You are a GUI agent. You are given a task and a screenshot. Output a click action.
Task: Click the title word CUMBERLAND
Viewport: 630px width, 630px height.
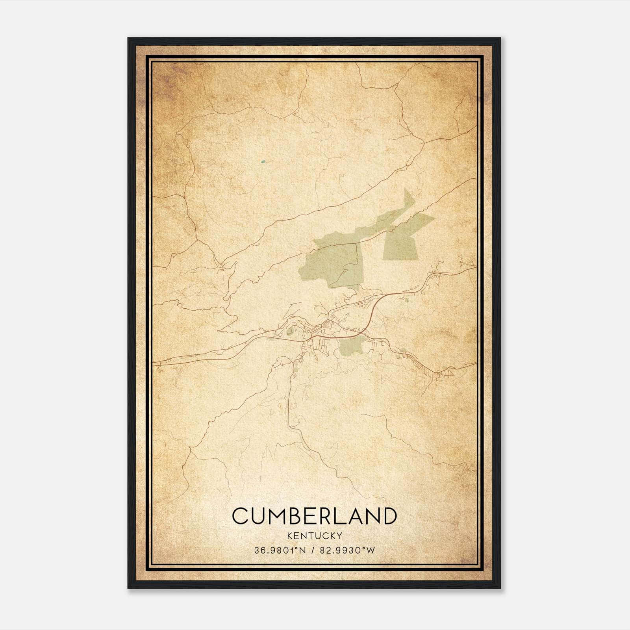coord(314,516)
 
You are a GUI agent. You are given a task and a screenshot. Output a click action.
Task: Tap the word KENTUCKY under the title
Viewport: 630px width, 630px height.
coord(314,535)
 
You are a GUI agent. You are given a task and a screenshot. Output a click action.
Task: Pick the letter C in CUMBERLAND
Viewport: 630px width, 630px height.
coord(241,516)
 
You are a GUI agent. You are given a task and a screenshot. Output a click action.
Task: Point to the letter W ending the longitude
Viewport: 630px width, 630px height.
coord(371,550)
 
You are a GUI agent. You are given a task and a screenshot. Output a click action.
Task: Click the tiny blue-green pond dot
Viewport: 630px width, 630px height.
coord(263,161)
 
